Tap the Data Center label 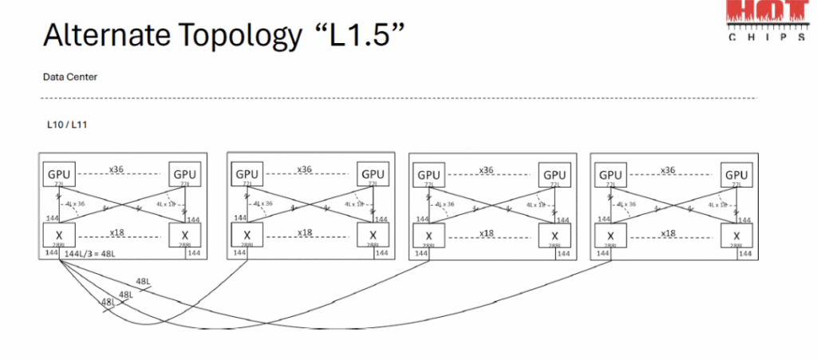pyautogui.click(x=70, y=77)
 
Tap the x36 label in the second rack pyautogui.click(x=304, y=170)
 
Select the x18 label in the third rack pyautogui.click(x=486, y=233)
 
